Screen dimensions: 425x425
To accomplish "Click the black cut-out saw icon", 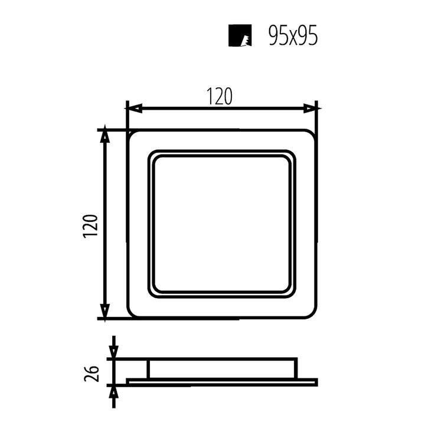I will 240,36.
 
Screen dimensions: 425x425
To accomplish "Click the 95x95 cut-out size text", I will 293,36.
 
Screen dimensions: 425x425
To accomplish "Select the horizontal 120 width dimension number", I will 220,97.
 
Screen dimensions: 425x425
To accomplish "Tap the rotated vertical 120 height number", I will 90,226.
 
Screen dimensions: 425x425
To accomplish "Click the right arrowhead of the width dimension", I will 311,108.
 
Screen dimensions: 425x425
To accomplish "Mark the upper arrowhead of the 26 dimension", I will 113,352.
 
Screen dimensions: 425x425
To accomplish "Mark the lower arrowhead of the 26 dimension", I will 113,391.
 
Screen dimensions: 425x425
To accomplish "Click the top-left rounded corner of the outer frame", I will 132,134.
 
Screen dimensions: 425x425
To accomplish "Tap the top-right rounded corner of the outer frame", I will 313,134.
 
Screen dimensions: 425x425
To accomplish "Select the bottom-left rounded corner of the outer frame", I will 132,314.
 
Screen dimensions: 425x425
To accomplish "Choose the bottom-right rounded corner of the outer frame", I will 313,314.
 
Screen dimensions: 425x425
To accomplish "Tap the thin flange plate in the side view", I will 221,382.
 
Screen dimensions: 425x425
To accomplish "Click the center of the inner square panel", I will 222,224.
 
